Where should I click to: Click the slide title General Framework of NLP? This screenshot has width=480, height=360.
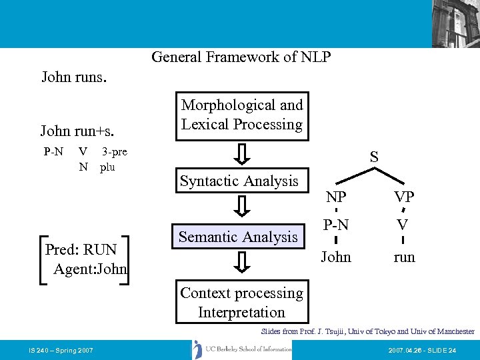[x=241, y=57]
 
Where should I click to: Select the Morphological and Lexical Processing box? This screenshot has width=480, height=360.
[x=242, y=115]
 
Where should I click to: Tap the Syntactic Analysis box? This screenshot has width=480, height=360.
[x=239, y=181]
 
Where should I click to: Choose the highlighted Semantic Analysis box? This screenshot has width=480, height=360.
[x=238, y=237]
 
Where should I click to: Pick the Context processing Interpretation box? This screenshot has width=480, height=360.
[x=241, y=303]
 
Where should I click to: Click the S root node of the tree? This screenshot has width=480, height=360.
[x=374, y=157]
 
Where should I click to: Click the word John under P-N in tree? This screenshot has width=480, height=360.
[x=336, y=257]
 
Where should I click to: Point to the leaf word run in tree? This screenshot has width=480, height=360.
[x=404, y=257]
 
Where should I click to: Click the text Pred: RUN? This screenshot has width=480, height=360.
[x=81, y=250]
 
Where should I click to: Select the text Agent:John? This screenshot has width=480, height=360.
[x=90, y=269]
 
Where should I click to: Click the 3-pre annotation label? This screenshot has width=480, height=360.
[x=114, y=152]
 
